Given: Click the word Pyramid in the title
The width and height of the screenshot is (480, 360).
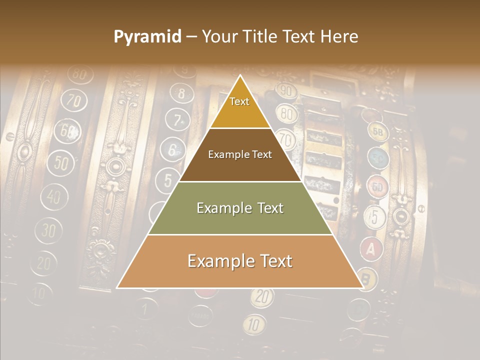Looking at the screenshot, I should pyautogui.click(x=147, y=36).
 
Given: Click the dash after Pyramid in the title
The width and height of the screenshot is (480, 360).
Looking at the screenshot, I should pyautogui.click(x=191, y=37).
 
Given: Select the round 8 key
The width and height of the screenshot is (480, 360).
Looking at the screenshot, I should pyautogui.click(x=181, y=93).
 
